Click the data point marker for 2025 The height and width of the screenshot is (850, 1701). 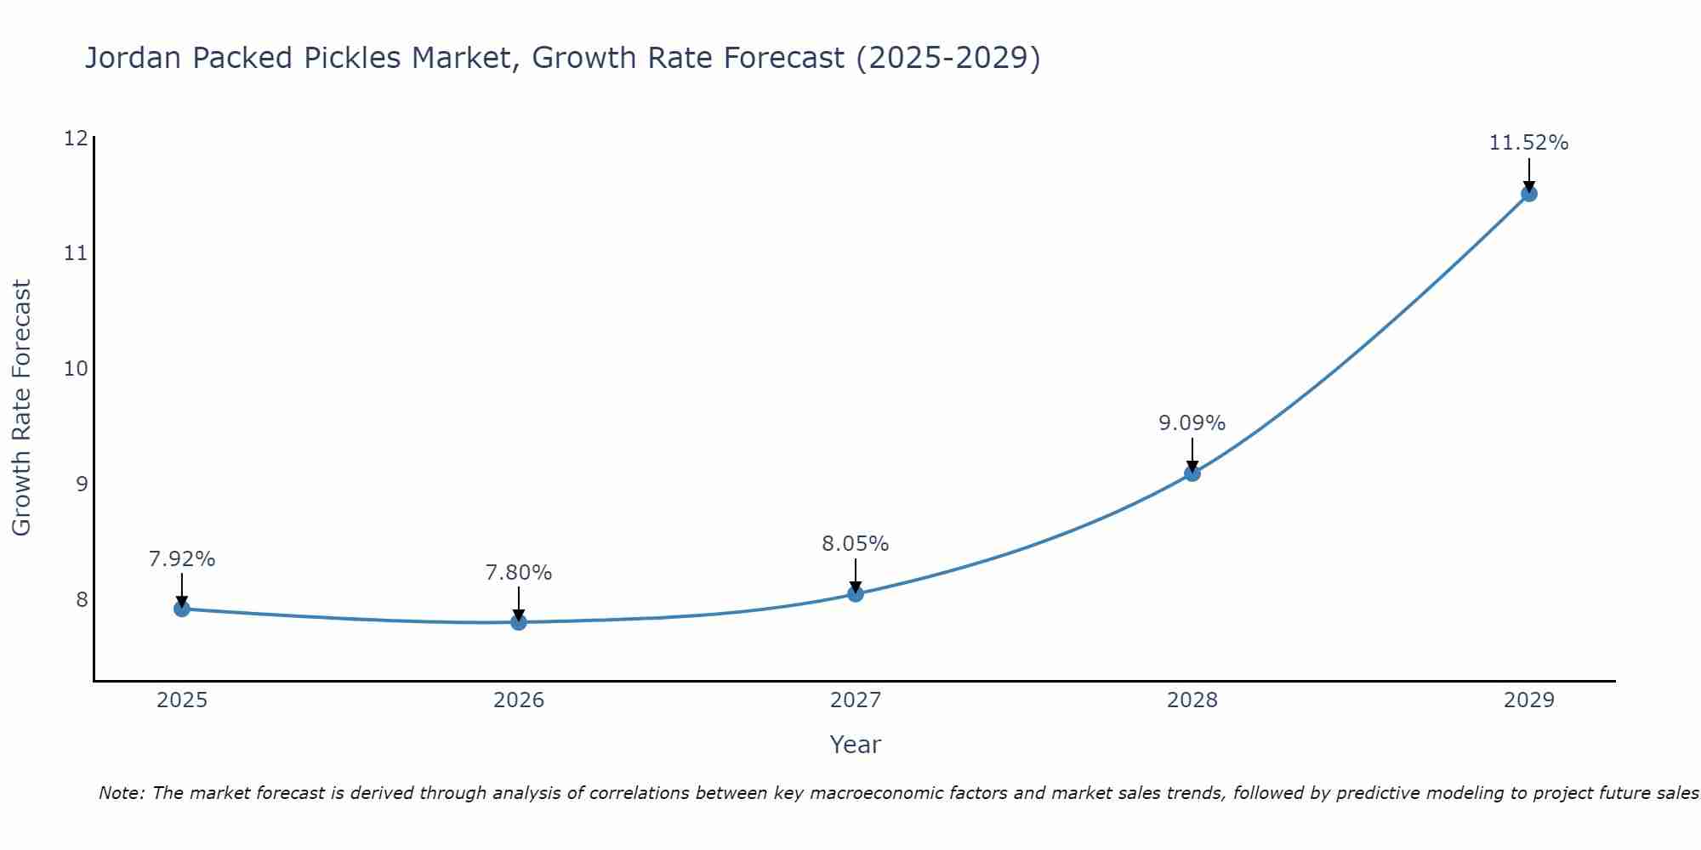[x=182, y=609]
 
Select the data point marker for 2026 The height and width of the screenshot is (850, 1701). [x=519, y=622]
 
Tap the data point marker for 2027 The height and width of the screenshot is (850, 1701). [x=856, y=593]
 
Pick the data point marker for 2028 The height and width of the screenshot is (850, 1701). [x=1192, y=473]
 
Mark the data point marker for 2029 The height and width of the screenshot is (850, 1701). [x=1529, y=194]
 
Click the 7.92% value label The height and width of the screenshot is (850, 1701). [x=182, y=559]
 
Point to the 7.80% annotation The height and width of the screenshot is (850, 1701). [x=519, y=573]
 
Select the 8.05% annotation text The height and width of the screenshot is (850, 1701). [x=856, y=544]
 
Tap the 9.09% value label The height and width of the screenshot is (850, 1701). [x=1192, y=423]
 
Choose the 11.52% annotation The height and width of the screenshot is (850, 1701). [x=1529, y=143]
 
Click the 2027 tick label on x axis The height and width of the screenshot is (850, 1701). [x=856, y=700]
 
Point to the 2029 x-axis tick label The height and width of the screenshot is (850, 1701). [x=1529, y=700]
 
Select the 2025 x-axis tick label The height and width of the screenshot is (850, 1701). [x=182, y=700]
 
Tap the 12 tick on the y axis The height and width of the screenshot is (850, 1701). [x=77, y=138]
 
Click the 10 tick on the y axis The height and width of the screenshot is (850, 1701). [x=77, y=369]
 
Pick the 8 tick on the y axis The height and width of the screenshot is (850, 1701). [x=82, y=600]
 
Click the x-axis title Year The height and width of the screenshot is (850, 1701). [x=856, y=745]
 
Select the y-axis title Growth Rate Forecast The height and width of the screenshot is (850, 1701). [x=22, y=408]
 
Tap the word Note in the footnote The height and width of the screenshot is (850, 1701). [x=121, y=794]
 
